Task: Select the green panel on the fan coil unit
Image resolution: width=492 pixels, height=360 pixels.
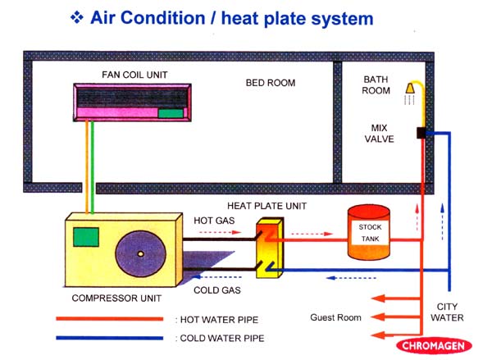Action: coord(171,113)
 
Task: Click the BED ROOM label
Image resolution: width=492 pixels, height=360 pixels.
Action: coord(271,83)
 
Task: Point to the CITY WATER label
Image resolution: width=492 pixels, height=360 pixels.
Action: coord(448,312)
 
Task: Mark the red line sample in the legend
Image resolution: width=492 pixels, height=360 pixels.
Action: coord(112,318)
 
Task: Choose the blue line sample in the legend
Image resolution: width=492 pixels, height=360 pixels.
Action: coord(112,337)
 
